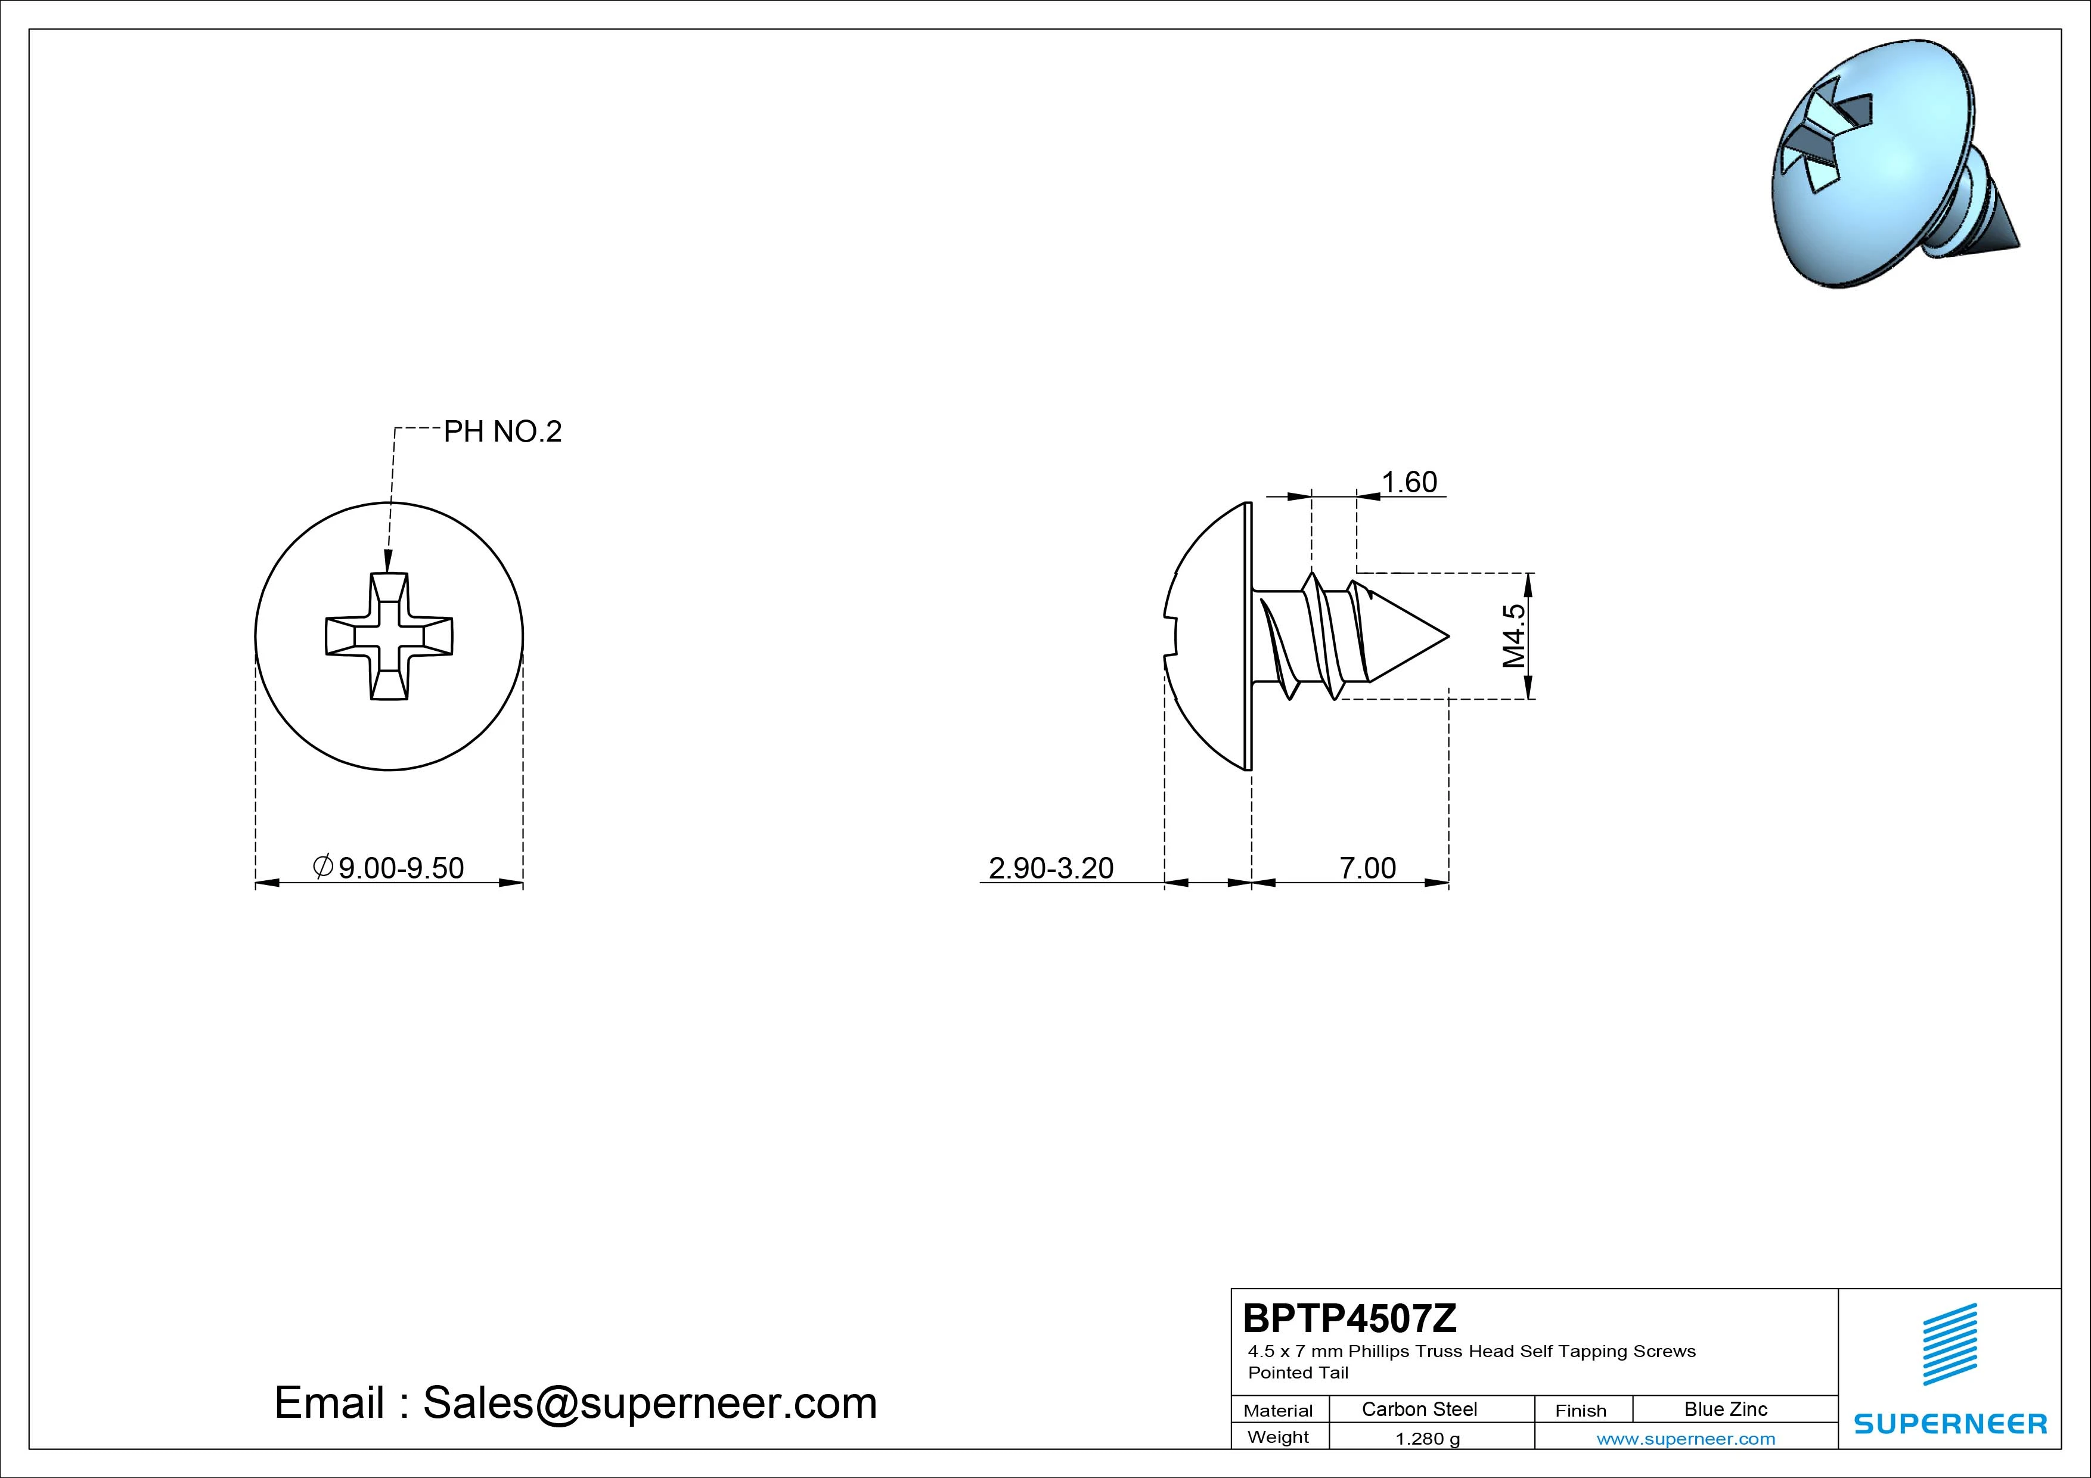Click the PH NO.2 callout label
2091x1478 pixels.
tap(502, 431)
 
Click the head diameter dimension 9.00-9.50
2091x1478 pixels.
tap(389, 868)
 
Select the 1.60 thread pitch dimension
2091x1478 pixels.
tap(1409, 482)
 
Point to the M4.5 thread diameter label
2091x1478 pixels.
tap(1513, 636)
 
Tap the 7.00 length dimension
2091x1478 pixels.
tap(1367, 868)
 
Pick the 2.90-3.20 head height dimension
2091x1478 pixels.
tap(1051, 868)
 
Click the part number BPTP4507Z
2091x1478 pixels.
tap(1349, 1318)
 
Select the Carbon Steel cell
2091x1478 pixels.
tap(1419, 1409)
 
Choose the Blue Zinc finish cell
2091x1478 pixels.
tap(1726, 1409)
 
